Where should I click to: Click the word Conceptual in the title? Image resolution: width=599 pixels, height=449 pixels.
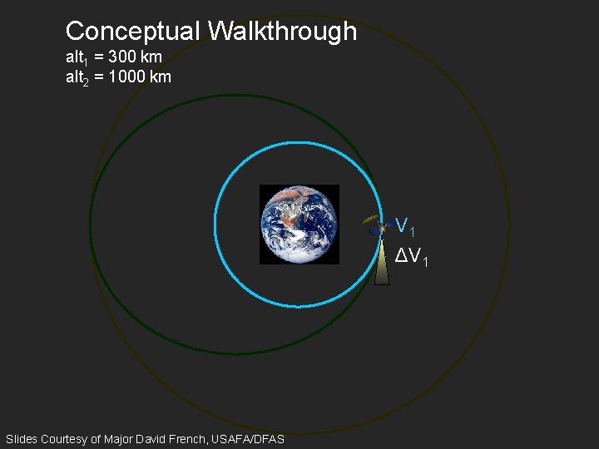tap(133, 32)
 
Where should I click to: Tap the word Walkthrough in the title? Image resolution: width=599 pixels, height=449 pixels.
tap(282, 32)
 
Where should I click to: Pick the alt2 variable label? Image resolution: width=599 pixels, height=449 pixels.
tap(77, 78)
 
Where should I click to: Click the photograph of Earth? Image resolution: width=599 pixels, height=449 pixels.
tap(299, 224)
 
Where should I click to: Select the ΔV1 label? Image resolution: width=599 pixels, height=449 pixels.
tap(412, 257)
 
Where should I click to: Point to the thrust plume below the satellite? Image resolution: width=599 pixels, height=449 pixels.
tap(382, 261)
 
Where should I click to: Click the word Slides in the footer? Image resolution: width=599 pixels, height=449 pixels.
tap(22, 438)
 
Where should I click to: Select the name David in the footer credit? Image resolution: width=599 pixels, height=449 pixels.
tap(154, 438)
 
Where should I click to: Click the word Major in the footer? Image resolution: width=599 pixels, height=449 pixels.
tap(120, 438)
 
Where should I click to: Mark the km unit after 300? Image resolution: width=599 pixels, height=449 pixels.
tap(151, 58)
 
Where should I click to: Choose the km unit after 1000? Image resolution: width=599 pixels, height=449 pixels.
tap(161, 77)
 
